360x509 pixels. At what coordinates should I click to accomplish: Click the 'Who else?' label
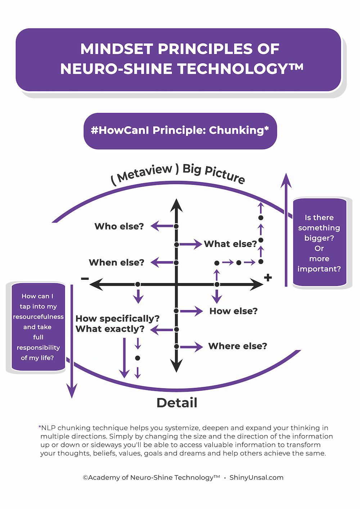(119, 226)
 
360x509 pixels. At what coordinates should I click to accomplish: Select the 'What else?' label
(230, 244)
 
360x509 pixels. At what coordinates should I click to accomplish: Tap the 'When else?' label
(116, 262)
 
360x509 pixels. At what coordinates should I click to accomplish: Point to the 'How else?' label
(233, 311)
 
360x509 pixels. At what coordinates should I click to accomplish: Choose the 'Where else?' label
(238, 346)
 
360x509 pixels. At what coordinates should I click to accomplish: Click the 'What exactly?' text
(110, 329)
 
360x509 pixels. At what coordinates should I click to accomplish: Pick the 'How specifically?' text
(117, 319)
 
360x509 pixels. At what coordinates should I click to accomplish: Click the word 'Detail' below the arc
(177, 402)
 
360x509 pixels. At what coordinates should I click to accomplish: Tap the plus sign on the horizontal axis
(267, 278)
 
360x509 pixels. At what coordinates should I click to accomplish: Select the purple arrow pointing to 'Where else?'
(192, 347)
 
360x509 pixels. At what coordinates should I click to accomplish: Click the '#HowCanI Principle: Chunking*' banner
(180, 131)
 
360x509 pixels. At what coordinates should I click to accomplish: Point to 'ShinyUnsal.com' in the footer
(256, 478)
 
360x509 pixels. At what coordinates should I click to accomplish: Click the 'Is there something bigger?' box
(319, 243)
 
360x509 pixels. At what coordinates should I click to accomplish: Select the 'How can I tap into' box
(38, 327)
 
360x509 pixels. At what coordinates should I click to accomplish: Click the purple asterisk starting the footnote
(40, 428)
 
